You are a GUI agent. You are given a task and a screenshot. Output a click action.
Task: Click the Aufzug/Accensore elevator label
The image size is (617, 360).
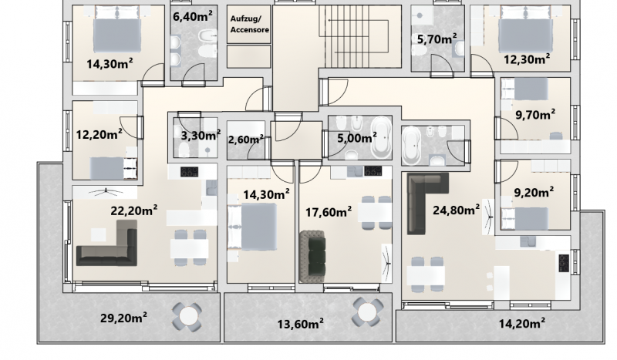250,24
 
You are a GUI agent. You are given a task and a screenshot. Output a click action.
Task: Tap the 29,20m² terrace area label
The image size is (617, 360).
124,317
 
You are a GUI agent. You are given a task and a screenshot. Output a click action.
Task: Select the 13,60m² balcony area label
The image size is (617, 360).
301,325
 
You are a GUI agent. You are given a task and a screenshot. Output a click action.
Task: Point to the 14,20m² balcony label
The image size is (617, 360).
522,324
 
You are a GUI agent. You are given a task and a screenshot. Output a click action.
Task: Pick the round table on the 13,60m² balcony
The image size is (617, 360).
367,312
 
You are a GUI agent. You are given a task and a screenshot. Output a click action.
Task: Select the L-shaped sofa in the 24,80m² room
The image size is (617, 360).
427,203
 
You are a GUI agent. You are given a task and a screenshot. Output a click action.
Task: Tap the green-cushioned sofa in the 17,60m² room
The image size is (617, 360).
312,257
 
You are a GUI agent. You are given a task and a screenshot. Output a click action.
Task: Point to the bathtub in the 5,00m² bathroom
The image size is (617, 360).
381,137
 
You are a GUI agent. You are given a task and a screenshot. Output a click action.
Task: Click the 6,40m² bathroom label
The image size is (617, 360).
193,17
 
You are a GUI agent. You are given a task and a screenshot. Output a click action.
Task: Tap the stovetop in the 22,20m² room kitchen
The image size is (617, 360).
189,172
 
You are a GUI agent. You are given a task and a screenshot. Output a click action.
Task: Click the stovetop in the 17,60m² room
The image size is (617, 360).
373,171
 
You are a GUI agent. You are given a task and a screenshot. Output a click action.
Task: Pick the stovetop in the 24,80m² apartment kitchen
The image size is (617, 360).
564,263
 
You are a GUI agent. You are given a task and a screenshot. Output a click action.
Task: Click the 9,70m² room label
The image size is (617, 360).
535,115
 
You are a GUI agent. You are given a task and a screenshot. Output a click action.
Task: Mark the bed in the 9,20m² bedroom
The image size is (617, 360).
525,218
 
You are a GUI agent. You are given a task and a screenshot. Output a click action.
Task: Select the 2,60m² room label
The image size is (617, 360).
245,140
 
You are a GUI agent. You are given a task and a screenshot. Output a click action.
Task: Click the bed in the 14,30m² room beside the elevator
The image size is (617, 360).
253,227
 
